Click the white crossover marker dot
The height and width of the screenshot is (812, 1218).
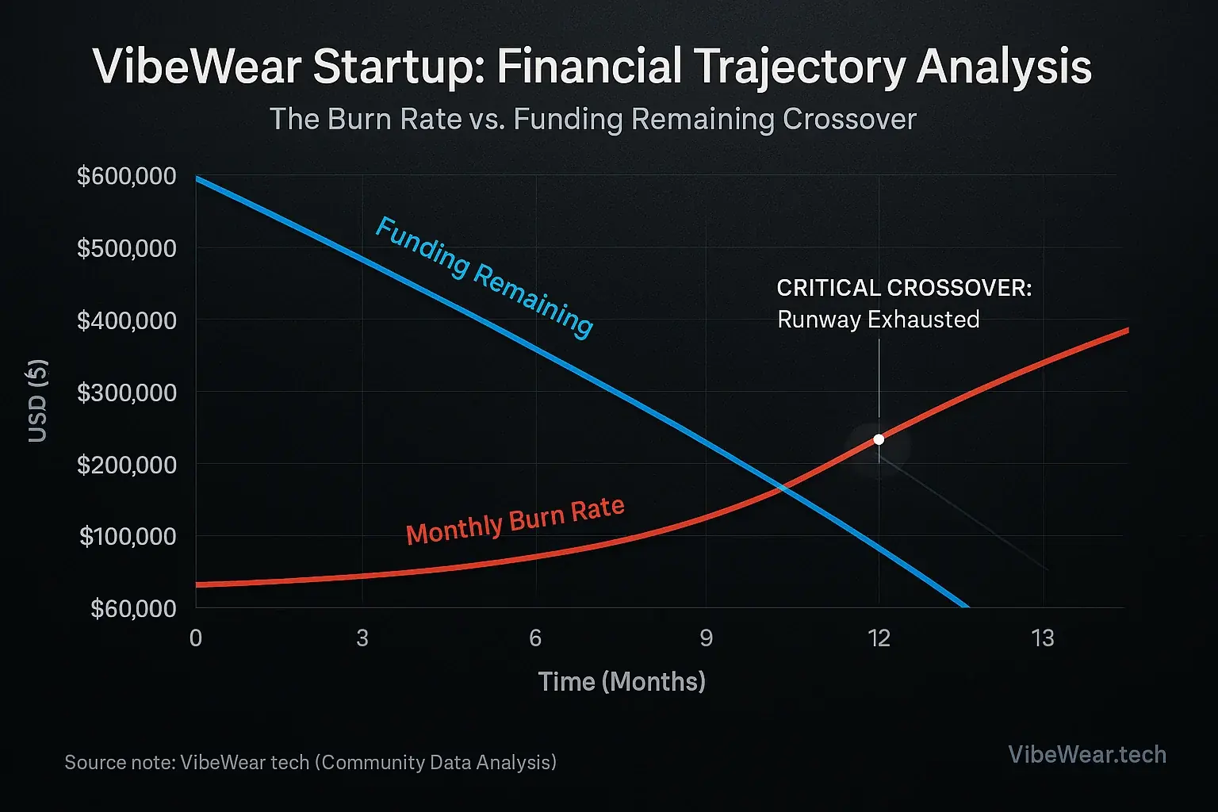(879, 439)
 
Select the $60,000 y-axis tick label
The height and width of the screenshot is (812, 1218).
(133, 608)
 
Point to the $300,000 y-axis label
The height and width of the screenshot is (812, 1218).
(127, 392)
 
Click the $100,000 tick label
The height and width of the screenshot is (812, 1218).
(128, 536)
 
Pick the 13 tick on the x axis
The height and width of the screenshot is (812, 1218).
(1043, 638)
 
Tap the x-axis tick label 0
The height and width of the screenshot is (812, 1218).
(196, 638)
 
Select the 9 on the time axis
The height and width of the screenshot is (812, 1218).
(706, 638)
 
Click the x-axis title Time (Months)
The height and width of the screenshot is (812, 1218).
(622, 681)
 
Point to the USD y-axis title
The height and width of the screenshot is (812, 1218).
(38, 400)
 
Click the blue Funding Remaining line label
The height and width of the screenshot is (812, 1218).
(483, 277)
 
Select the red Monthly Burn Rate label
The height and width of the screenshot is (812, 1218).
(515, 520)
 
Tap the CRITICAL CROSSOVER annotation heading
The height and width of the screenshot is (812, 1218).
(904, 287)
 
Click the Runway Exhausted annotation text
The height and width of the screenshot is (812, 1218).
(878, 320)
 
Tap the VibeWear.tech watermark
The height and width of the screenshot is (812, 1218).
(1087, 753)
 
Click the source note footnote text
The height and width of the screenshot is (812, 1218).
(310, 762)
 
